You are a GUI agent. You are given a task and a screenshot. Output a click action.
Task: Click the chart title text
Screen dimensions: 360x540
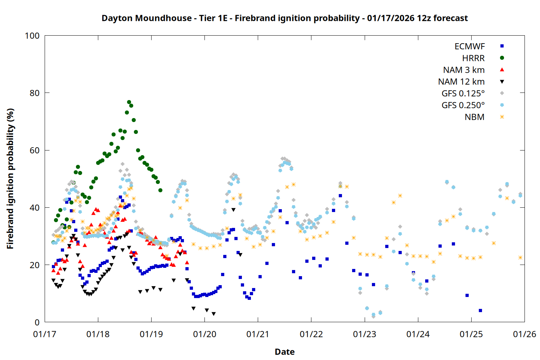[x=284, y=18]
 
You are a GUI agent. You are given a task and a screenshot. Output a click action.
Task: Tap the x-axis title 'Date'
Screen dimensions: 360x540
[x=284, y=352]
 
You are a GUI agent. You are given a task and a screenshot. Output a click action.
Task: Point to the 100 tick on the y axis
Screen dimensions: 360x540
[x=32, y=36]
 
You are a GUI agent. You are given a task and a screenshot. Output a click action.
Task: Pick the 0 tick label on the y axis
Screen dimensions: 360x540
[x=37, y=323]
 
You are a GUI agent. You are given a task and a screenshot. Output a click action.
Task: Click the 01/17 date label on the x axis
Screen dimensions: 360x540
[x=45, y=334]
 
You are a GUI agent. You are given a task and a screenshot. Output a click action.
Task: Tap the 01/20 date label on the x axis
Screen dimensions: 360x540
[x=204, y=334]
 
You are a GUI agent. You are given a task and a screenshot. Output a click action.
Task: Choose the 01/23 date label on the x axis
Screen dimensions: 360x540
[x=365, y=334]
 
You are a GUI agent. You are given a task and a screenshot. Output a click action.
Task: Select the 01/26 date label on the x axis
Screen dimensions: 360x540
[x=525, y=334]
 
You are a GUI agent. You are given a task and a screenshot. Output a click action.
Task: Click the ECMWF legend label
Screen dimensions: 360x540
[x=469, y=46]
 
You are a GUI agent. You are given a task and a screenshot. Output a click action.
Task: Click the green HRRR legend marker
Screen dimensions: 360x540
[x=502, y=58]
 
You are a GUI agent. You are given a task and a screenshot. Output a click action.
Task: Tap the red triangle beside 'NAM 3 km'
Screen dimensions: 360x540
[x=502, y=69]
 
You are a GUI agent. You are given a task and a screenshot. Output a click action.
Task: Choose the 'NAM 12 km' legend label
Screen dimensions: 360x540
[x=461, y=82]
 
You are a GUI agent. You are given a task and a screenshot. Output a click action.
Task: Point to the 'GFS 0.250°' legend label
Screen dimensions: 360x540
[x=463, y=105]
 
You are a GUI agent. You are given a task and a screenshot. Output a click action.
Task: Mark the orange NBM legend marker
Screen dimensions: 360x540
[x=502, y=117]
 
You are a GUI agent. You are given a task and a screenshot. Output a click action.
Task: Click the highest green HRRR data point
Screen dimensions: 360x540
[x=129, y=102]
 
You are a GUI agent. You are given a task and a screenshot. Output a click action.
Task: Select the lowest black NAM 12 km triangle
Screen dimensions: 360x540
[x=213, y=314]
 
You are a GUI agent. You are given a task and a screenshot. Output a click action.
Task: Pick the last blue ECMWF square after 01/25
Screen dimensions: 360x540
[x=480, y=310]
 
